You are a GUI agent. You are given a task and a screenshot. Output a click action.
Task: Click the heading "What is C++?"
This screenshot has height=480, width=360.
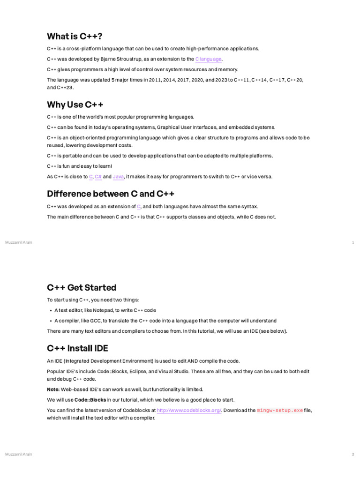(75, 36)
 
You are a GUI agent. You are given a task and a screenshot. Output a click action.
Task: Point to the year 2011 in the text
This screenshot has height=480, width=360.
(155, 80)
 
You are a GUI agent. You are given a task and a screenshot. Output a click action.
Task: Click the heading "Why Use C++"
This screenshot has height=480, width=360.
(75, 104)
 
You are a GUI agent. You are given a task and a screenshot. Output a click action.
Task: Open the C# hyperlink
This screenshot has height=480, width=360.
(98, 177)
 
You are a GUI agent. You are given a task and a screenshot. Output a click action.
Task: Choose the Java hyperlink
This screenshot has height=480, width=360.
(118, 177)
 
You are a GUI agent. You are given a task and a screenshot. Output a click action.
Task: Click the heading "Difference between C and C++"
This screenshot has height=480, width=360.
(111, 194)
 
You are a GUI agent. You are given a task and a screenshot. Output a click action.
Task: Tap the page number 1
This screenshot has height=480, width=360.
(352, 242)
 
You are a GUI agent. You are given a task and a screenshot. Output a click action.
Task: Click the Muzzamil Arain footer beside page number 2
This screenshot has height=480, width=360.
(19, 454)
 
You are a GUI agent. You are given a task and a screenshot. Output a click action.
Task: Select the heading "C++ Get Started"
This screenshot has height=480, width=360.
(82, 287)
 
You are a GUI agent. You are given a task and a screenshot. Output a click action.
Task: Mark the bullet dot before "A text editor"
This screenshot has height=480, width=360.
(51, 310)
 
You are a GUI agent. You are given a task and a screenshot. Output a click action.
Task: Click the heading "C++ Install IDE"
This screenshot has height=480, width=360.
(77, 348)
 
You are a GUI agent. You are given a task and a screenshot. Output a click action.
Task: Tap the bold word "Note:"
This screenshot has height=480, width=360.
(53, 390)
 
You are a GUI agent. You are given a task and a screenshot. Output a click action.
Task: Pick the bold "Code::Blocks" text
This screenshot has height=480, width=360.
(90, 400)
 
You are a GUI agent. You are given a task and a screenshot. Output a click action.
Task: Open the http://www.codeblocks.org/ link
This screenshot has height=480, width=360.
(189, 410)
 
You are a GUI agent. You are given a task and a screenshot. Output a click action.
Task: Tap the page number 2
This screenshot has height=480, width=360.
(352, 454)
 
